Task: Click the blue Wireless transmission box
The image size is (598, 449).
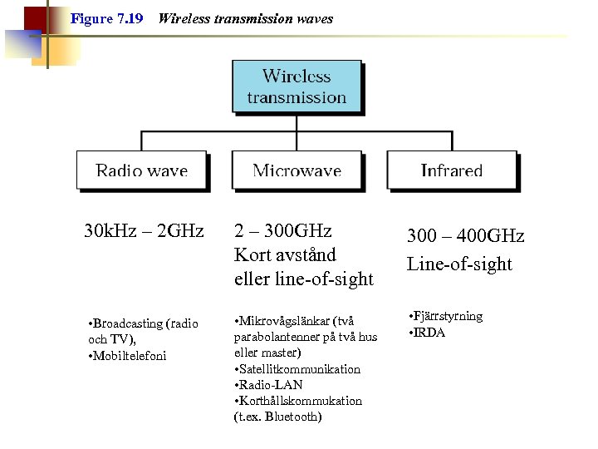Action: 297,86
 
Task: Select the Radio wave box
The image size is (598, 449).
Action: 141,170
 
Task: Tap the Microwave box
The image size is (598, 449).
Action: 297,170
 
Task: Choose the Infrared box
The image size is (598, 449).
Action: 451,170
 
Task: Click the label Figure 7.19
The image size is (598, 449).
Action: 106,18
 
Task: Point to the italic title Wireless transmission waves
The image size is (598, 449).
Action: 245,18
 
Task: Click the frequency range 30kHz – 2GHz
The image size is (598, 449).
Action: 144,230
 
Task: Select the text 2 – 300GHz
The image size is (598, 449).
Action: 283,230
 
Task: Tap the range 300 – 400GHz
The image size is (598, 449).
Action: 465,236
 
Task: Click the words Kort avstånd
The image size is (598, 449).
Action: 285,254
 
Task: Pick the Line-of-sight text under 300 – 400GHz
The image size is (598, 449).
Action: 459,264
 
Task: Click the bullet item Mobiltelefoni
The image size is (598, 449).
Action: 130,356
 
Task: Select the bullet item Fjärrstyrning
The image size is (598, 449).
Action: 448,316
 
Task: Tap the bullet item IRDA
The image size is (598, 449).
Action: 429,332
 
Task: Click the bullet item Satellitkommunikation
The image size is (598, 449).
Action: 300,368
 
